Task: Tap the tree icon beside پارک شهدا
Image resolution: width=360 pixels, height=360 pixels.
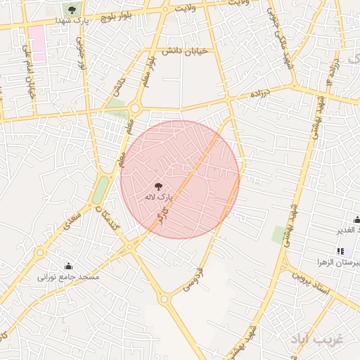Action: point(72,9)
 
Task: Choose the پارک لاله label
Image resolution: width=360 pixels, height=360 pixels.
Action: point(158,198)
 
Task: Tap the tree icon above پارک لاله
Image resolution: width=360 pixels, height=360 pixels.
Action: point(158,186)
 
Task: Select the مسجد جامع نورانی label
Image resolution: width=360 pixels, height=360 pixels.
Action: point(69,277)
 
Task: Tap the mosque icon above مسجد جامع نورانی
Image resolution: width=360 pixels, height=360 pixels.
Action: point(68,266)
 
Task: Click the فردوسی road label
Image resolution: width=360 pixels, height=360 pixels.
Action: point(193,278)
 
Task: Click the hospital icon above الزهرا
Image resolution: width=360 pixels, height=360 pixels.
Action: point(340,251)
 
